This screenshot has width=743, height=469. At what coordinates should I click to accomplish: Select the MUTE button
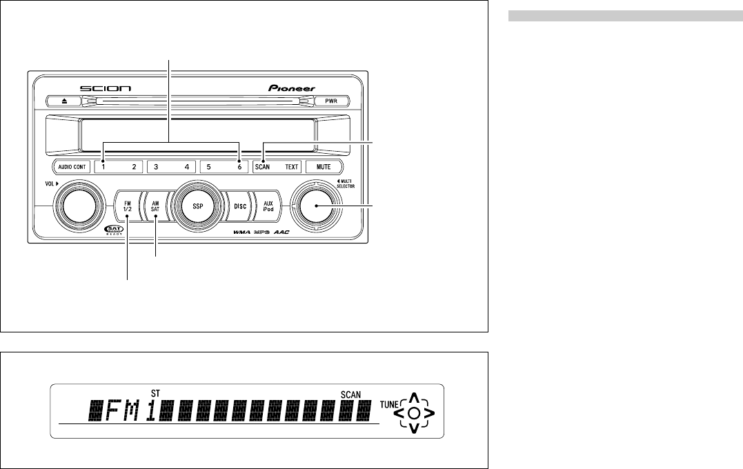pyautogui.click(x=324, y=167)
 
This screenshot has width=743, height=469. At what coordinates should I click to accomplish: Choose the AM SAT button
pyautogui.click(x=156, y=206)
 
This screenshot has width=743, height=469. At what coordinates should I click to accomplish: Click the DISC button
pyautogui.click(x=240, y=206)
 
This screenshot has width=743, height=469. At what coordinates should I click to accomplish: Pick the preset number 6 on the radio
pyautogui.click(x=239, y=167)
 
